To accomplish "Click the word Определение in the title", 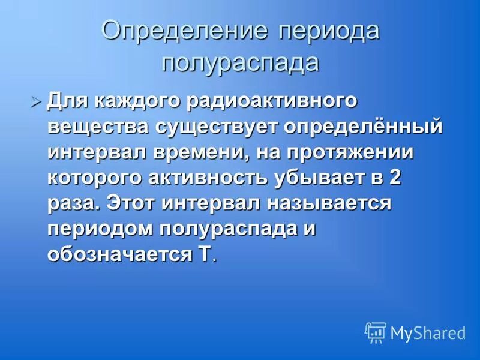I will [184, 31].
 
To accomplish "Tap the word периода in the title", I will [328, 31].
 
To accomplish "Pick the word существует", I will [219, 127].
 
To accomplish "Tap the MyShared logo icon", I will [376, 332].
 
